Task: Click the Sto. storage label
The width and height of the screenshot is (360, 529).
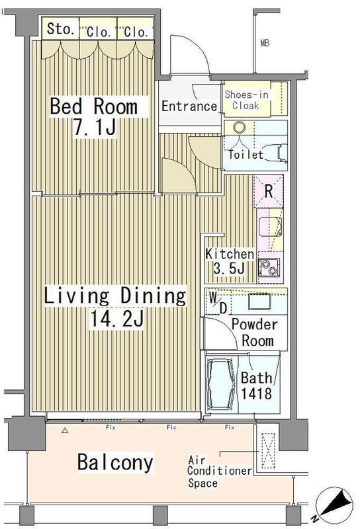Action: [60, 29]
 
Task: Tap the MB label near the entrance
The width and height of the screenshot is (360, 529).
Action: [265, 43]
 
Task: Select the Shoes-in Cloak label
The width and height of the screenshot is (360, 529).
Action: [247, 100]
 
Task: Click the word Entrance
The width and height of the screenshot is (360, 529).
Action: [189, 106]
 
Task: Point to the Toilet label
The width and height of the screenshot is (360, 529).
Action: [246, 155]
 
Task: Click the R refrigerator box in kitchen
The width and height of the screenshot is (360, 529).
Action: [269, 191]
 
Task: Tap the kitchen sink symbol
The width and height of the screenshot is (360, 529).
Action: [270, 227]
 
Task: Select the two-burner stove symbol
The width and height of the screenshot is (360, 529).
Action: [269, 267]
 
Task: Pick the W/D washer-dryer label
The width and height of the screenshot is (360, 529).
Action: [218, 302]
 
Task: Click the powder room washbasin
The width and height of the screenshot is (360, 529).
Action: [259, 302]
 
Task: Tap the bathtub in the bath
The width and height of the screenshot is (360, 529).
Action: [221, 385]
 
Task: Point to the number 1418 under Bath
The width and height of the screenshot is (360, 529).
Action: [256, 393]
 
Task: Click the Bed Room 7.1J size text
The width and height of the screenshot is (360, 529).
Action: [94, 116]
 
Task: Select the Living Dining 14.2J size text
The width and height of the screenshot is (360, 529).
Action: [115, 307]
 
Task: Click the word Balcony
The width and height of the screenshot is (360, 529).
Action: [115, 462]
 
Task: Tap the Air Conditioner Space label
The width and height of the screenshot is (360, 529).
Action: [220, 471]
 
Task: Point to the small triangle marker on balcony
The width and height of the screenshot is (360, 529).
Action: [65, 430]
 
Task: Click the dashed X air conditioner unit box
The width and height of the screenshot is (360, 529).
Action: [268, 451]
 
